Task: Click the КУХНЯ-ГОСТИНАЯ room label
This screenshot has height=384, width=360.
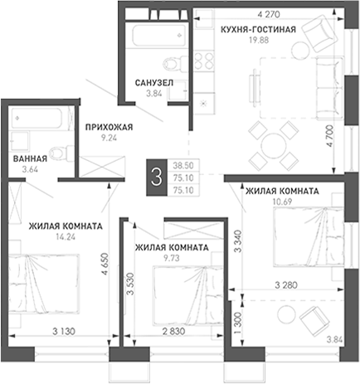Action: [258, 29]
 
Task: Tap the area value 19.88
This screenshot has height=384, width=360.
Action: [259, 40]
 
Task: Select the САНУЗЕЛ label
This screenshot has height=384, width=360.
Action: [154, 83]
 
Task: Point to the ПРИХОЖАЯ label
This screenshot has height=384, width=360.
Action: [109, 127]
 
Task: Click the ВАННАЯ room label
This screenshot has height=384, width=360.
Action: [30, 158]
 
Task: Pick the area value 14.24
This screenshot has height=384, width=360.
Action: [66, 237]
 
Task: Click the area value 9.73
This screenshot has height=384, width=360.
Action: [172, 258]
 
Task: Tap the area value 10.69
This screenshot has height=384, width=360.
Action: [282, 202]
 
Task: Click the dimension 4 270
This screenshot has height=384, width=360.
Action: [269, 14]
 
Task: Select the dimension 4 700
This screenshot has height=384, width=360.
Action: [330, 136]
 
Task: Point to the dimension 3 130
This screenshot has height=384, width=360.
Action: [64, 331]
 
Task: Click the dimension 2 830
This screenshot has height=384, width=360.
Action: [173, 331]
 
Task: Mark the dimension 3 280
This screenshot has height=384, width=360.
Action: [286, 284]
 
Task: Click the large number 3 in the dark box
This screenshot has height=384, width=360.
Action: [157, 177]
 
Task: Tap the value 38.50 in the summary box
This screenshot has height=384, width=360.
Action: [183, 165]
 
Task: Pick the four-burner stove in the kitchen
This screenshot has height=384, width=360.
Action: [204, 61]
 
